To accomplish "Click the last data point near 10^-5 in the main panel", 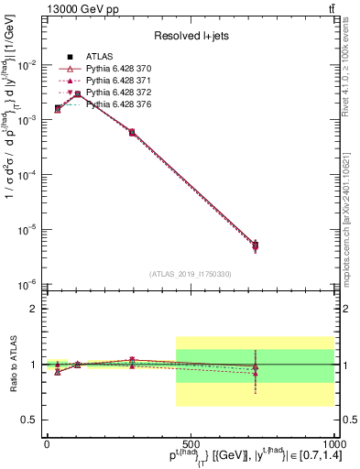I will point(256,245).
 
